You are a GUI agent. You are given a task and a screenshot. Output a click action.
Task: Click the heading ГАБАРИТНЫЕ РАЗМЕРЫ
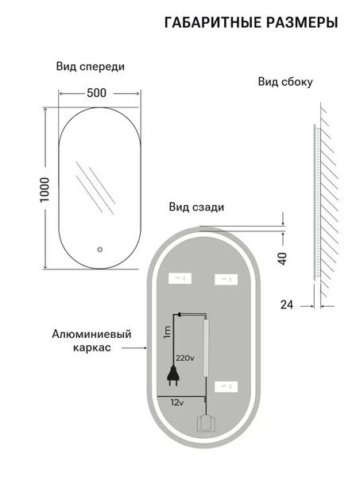[251, 23]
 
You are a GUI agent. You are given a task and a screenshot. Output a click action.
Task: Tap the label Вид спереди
[91, 67]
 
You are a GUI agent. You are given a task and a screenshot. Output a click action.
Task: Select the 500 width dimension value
[97, 93]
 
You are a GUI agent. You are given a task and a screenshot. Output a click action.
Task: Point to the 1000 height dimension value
[45, 189]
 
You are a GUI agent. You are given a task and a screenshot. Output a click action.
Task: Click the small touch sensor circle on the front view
[99, 250]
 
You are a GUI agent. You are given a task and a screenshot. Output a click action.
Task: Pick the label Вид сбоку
[285, 82]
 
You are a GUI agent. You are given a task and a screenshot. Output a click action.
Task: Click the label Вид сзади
[196, 207]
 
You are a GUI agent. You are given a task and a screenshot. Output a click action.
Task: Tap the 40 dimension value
[283, 258]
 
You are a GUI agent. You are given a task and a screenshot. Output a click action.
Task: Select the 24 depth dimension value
[287, 304]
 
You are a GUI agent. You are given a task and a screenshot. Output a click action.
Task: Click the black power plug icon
[172, 375]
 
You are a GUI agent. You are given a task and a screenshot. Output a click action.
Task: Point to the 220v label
[185, 358]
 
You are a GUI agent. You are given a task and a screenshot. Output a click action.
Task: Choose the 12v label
[177, 403]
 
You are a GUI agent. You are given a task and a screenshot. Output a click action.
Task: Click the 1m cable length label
[167, 332]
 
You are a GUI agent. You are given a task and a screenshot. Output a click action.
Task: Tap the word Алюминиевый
[91, 334]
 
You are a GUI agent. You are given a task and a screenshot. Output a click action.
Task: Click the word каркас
[92, 347]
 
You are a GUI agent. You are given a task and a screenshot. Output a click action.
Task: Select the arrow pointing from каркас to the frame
[134, 347]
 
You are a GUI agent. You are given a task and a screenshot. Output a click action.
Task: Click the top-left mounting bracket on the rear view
[180, 278]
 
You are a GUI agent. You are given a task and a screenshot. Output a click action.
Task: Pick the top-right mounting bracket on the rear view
[226, 279]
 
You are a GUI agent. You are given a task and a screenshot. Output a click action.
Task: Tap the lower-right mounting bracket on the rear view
[226, 387]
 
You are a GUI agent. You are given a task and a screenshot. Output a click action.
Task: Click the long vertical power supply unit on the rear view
[207, 347]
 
